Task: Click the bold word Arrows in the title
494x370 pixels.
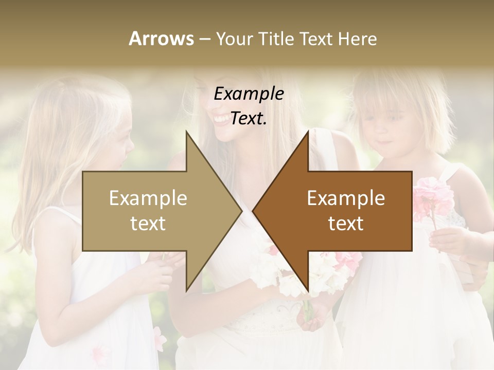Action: point(161,39)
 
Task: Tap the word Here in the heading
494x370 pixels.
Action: point(357,39)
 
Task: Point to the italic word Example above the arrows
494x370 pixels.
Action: point(249,94)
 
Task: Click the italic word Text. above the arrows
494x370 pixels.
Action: point(249,119)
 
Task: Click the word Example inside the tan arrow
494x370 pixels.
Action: point(148,198)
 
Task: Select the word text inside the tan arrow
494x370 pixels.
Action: point(148,224)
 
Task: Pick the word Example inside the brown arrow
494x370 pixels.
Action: point(346,198)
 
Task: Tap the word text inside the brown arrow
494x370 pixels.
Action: point(346,224)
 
